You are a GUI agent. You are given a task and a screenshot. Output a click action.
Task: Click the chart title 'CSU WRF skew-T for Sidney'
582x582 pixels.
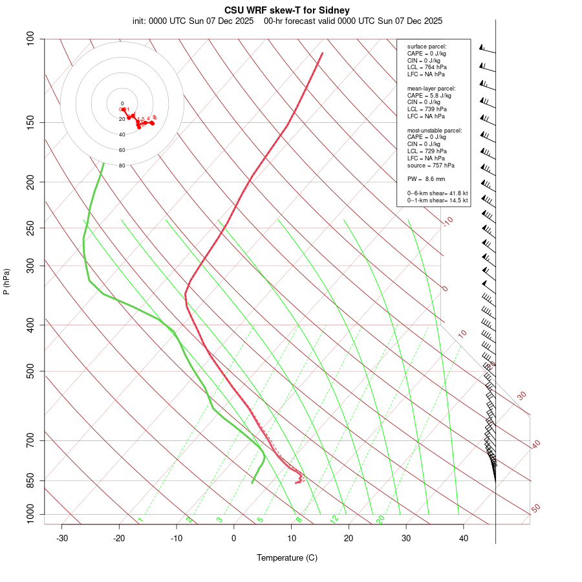click(287, 10)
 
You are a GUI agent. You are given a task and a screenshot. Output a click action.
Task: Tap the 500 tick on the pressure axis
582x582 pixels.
click(31, 371)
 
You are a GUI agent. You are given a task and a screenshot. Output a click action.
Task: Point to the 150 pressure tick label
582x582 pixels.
click(31, 122)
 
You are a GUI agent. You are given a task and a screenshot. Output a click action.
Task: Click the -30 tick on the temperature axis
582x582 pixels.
click(62, 539)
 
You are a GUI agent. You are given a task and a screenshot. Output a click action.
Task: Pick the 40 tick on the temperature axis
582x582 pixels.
click(464, 539)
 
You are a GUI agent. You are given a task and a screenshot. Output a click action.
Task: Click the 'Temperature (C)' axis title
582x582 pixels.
click(287, 557)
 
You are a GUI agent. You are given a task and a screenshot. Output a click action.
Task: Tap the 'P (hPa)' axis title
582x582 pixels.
click(6, 282)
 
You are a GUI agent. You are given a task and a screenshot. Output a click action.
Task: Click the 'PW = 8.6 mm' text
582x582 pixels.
click(426, 178)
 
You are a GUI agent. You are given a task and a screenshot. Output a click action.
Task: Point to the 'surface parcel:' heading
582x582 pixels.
click(427, 47)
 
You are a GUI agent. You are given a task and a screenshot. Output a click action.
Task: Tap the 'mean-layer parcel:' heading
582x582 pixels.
click(431, 88)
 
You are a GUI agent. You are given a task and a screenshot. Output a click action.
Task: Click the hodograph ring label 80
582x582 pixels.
click(122, 166)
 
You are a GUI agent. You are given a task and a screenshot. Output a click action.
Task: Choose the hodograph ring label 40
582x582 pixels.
click(122, 135)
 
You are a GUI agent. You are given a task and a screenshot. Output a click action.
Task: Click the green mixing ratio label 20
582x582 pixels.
click(381, 519)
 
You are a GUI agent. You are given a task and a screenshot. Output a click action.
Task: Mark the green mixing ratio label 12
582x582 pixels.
click(334, 519)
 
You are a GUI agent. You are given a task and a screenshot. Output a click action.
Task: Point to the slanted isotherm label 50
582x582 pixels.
click(535, 509)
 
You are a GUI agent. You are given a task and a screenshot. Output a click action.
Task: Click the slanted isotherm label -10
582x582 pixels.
click(447, 221)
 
